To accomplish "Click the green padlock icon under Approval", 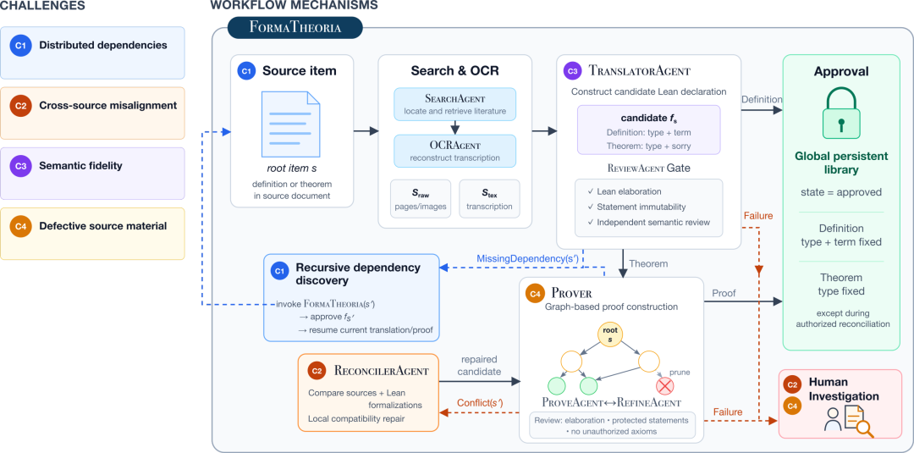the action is click(x=840, y=113).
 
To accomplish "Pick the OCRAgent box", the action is click(x=454, y=150).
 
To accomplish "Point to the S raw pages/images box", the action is click(x=419, y=199).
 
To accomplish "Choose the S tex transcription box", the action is click(x=488, y=199).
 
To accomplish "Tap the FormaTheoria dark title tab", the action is click(x=295, y=27).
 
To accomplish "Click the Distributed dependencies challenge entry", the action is click(x=93, y=52).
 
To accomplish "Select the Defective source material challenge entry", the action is click(x=93, y=234).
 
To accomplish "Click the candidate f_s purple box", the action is click(x=649, y=130).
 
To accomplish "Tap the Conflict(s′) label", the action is click(x=481, y=402).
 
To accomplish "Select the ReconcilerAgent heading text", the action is click(x=382, y=371).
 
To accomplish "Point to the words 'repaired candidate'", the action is click(x=478, y=365).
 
